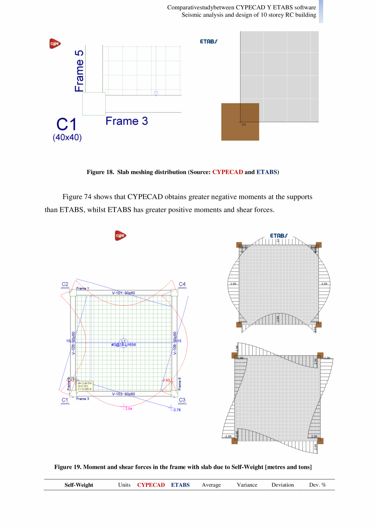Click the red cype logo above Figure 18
click(55, 44)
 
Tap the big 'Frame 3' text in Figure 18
click(127, 121)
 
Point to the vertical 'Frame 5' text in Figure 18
click(79, 71)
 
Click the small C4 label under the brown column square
click(243, 125)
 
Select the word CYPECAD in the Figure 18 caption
click(227, 172)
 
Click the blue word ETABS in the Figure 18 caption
click(267, 172)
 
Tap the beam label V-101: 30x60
click(124, 293)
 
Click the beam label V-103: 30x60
click(124, 394)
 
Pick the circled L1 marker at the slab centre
click(124, 341)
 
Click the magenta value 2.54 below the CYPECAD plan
click(128, 409)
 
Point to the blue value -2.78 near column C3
click(176, 410)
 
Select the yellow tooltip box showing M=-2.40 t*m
click(85, 386)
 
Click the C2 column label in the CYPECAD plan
click(65, 284)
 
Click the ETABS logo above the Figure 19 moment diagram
click(279, 236)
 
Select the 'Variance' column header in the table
click(247, 485)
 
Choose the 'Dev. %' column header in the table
click(318, 485)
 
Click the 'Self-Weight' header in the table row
click(79, 485)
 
